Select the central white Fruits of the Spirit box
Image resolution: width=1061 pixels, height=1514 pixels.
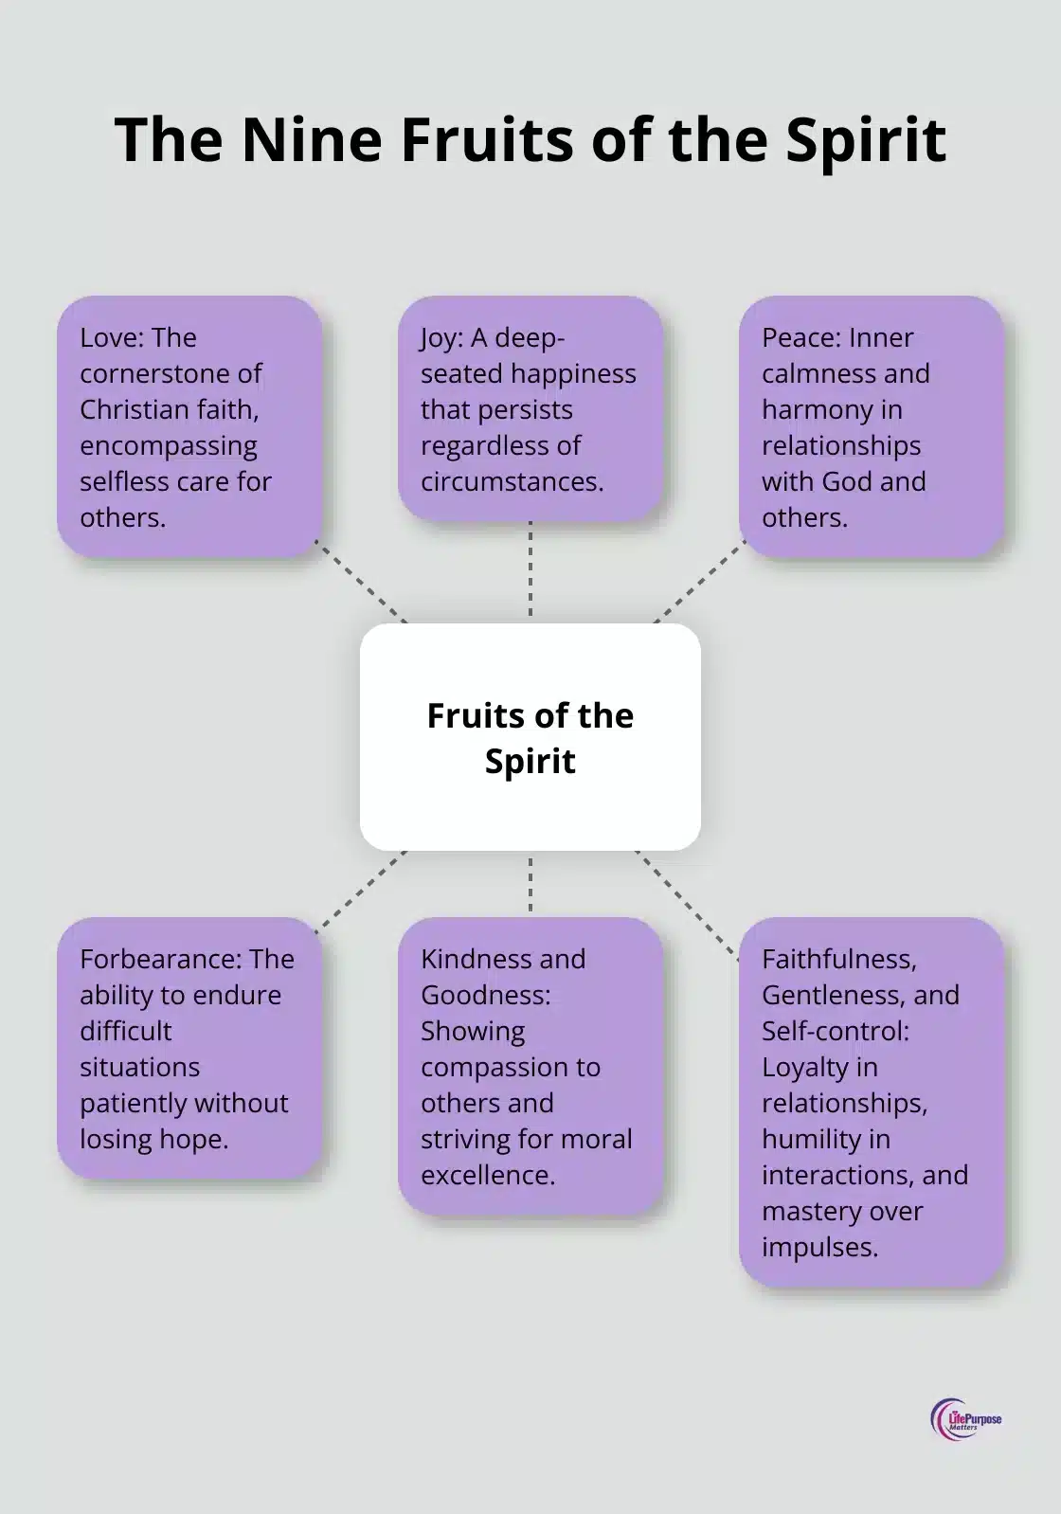click(530, 737)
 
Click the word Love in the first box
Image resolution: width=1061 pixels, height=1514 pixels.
click(111, 337)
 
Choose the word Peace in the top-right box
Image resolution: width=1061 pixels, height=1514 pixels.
click(801, 337)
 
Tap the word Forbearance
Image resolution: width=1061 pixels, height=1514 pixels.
click(162, 959)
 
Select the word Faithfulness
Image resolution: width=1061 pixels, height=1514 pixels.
click(838, 959)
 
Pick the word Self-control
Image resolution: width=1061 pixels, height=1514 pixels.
click(834, 1031)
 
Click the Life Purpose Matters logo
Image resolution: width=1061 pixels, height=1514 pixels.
click(965, 1419)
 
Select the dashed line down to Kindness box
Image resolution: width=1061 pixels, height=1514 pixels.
click(530, 883)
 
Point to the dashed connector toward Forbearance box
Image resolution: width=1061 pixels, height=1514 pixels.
click(360, 891)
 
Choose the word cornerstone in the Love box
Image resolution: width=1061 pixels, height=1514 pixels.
click(171, 373)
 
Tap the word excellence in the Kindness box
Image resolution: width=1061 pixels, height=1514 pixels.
click(488, 1175)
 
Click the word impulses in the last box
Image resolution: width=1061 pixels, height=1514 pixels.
click(819, 1247)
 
